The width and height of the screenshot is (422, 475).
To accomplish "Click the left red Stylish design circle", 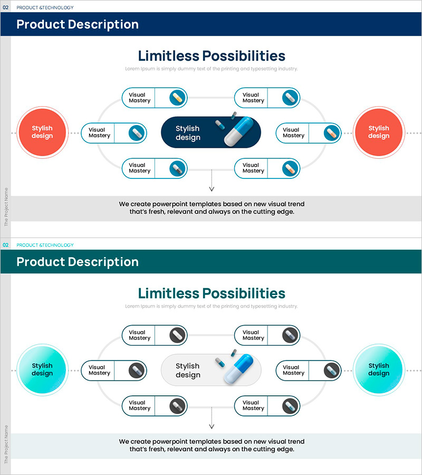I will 42,132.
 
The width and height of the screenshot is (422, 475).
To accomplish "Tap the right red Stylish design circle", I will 379,132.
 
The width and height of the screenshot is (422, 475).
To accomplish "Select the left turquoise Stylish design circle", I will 42,369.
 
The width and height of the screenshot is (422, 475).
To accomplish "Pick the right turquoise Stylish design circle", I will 379,369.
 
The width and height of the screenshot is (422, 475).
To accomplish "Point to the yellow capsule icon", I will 178,98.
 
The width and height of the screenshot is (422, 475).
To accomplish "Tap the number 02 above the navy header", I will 6,7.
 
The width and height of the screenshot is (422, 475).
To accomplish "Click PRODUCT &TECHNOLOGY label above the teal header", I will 45,245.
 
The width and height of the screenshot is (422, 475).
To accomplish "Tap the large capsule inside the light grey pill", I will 238,368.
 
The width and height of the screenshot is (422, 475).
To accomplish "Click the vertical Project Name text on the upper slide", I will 6,207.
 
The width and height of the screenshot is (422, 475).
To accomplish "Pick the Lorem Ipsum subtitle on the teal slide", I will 212,306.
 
